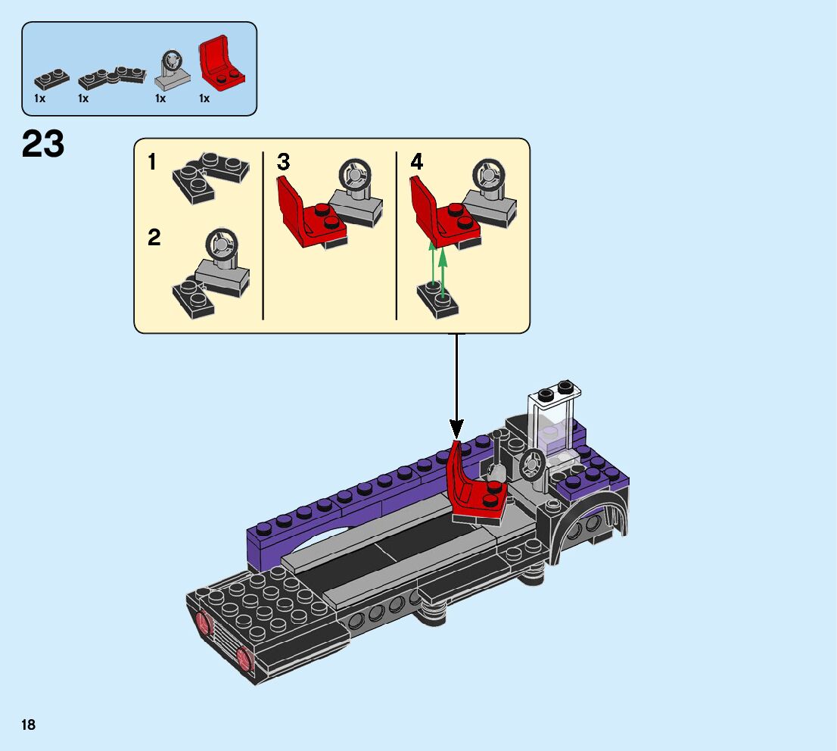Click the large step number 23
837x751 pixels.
[43, 144]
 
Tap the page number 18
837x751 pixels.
[29, 725]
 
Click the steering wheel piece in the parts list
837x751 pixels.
[173, 70]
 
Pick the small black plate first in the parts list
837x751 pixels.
[51, 77]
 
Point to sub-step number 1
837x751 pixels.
[152, 162]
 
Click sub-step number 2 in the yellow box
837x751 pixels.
[154, 238]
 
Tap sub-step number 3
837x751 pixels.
[283, 162]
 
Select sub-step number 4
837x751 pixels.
[417, 162]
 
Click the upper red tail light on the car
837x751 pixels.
[204, 624]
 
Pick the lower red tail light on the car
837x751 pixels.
[244, 658]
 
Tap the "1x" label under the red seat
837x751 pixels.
[204, 98]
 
